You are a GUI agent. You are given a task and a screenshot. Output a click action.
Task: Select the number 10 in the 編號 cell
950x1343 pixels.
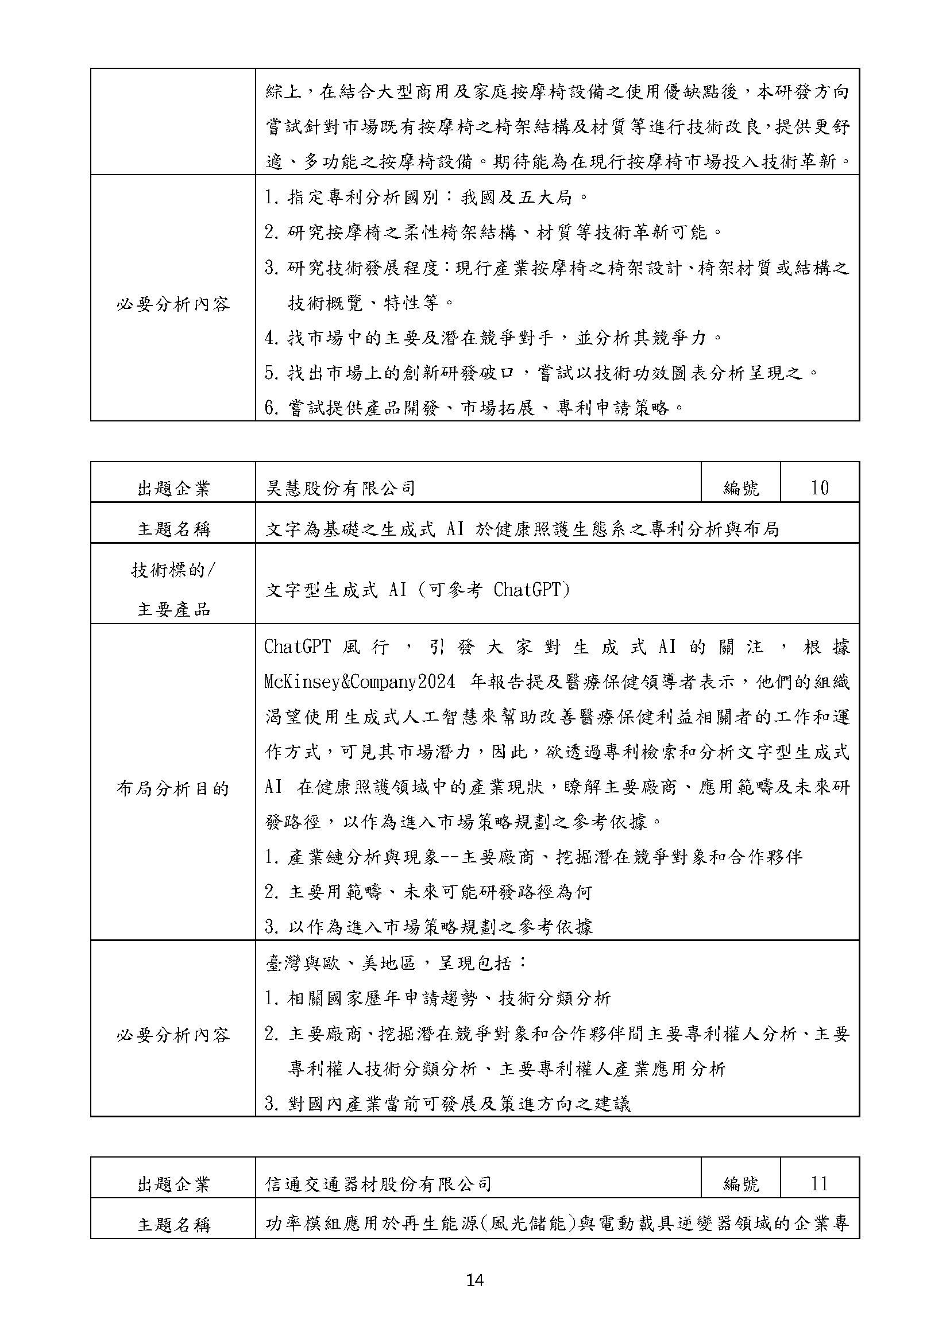tap(819, 488)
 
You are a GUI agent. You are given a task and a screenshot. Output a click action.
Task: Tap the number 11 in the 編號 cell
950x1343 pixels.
tap(819, 1185)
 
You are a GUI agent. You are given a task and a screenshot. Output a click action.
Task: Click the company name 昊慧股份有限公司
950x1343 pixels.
tap(341, 488)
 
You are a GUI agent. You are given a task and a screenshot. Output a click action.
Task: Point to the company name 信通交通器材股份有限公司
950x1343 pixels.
tap(378, 1185)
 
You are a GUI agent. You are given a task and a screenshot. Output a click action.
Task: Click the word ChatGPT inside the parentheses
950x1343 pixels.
tap(526, 590)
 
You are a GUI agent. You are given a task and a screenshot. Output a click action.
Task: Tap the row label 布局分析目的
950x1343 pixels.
tap(172, 789)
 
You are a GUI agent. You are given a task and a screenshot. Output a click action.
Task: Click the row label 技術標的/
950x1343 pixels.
tap(172, 570)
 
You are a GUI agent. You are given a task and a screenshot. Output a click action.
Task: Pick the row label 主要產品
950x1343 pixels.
tap(172, 610)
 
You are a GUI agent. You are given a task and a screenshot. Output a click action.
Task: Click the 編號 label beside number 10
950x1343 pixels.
tap(740, 488)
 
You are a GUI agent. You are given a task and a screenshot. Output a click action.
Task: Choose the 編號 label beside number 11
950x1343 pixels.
tap(740, 1185)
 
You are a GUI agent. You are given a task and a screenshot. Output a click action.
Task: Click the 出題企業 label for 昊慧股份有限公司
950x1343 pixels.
tap(172, 488)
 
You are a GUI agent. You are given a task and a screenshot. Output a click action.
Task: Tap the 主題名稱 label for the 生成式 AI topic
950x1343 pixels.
tap(172, 529)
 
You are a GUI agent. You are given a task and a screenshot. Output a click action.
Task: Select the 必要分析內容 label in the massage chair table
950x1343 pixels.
tap(172, 304)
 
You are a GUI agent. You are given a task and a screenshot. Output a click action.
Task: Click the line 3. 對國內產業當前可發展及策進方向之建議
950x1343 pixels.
tap(447, 1104)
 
